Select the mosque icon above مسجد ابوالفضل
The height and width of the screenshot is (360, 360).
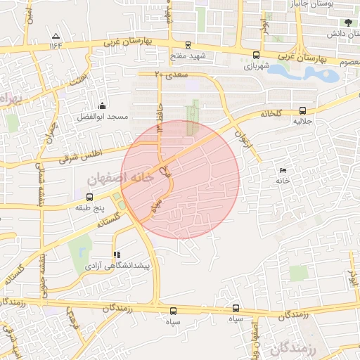pos(103,105)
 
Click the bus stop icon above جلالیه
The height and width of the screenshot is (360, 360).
pos(303,110)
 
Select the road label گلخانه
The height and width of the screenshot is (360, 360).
pos(274,113)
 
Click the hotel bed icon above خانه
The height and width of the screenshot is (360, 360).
pos(283,171)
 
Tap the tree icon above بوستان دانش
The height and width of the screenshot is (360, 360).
pos(347,22)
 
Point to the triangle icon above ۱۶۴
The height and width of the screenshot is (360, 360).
pos(56,35)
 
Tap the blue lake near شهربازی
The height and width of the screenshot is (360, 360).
pos(295,72)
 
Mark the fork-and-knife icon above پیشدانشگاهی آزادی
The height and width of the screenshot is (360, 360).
pos(116,255)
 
